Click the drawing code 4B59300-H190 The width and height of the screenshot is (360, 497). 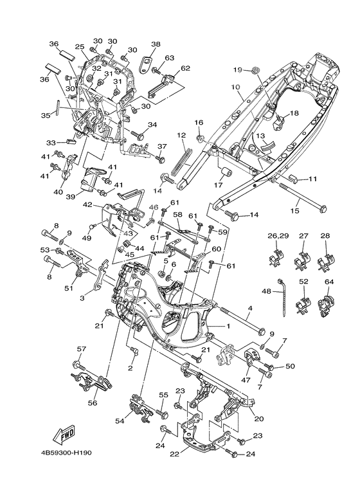66,453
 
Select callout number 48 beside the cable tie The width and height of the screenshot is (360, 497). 267,291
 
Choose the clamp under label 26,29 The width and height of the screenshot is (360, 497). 276,257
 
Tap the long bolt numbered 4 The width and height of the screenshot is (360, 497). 242,321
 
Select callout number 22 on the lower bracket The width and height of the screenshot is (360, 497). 175,453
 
